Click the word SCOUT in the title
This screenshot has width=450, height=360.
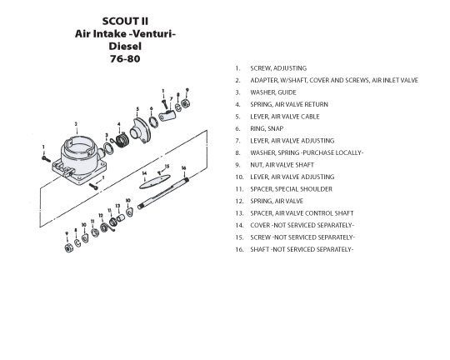(116, 21)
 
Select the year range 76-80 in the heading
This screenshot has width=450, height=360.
(125, 59)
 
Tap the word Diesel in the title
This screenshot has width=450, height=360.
(125, 46)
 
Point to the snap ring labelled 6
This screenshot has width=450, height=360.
(153, 122)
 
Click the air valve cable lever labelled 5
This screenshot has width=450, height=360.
(141, 131)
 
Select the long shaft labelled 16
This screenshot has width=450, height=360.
(163, 193)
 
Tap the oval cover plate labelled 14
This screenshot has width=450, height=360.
(155, 182)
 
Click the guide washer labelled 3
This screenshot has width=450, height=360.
(108, 148)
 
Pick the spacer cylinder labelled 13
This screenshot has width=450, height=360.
(121, 217)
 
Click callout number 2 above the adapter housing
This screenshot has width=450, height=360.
(76, 124)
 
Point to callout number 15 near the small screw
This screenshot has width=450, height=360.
(167, 166)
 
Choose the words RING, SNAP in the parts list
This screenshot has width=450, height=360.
(267, 128)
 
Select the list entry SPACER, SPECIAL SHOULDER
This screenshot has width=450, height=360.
(291, 189)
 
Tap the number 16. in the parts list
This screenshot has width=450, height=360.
(239, 249)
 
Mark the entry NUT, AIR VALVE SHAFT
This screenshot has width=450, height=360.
(282, 165)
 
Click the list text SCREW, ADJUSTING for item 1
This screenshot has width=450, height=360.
(278, 68)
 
